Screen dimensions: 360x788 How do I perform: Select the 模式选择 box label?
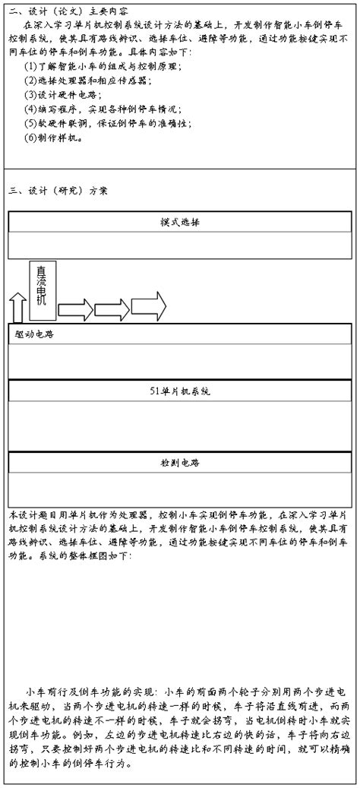click(180, 223)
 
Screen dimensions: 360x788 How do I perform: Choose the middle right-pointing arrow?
click(111, 309)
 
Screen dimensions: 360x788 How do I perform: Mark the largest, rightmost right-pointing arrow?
click(149, 307)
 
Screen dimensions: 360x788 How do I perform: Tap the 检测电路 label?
click(180, 462)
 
